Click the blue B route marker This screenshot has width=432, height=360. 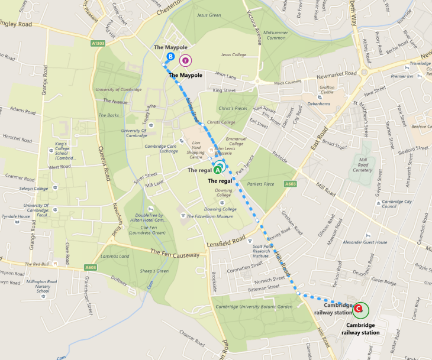(170, 57)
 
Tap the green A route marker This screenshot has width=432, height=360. (219, 168)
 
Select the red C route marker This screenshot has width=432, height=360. (359, 309)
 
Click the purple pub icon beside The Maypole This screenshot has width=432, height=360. (186, 60)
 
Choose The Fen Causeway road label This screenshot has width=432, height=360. (177, 254)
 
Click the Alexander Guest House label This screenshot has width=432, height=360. (365, 242)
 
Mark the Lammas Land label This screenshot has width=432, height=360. (116, 256)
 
